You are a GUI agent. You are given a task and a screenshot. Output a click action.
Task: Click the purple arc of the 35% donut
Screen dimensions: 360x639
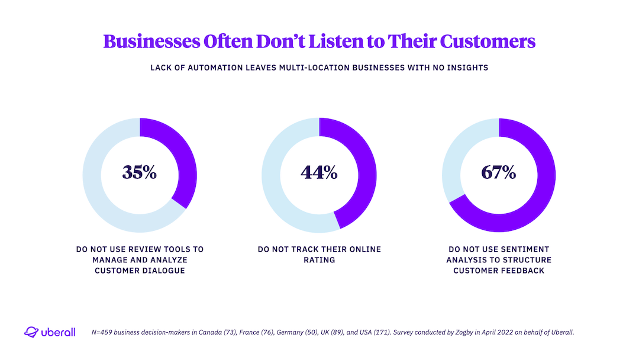coord(186,160)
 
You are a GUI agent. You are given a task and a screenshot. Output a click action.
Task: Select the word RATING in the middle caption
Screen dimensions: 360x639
coord(319,260)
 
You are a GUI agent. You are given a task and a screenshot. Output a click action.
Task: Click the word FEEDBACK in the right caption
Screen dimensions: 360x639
coord(525,271)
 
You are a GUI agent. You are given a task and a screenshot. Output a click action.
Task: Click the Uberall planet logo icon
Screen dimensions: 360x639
coord(31,332)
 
